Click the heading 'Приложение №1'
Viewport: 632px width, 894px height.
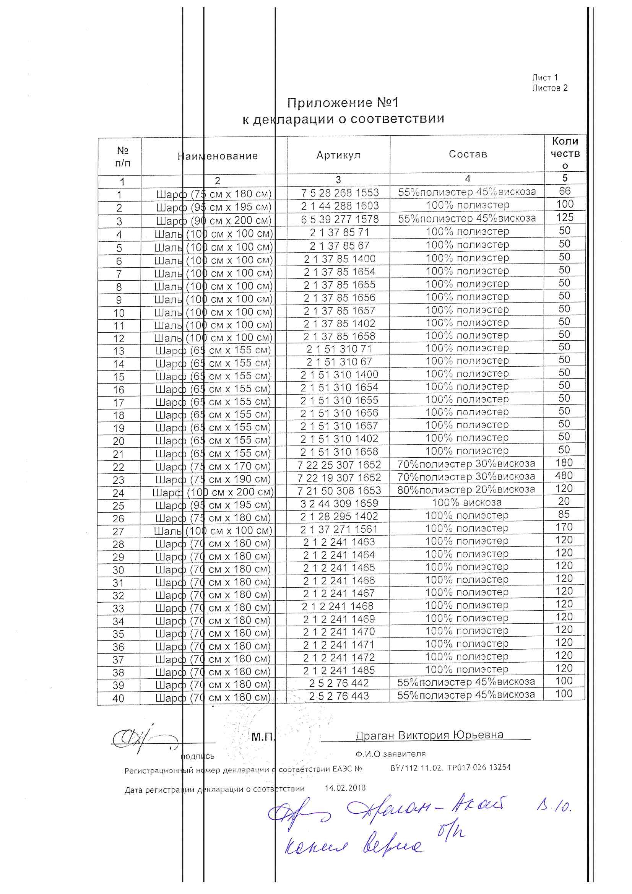coord(343,103)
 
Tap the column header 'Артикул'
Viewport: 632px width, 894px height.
coord(338,155)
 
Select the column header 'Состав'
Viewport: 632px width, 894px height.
coord(468,154)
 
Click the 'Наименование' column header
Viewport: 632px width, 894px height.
coord(218,156)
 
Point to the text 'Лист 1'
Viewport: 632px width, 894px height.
coord(545,78)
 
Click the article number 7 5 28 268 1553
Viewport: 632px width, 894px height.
coord(340,193)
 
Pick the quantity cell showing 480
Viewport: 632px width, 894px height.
coord(564,475)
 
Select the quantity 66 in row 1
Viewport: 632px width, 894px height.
coord(565,191)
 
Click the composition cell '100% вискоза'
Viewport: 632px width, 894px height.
coord(466,502)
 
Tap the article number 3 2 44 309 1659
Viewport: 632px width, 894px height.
coord(339,504)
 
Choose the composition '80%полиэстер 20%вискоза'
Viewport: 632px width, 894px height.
coord(466,489)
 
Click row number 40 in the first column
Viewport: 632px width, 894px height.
coord(119,699)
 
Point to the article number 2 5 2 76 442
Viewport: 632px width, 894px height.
coord(339,683)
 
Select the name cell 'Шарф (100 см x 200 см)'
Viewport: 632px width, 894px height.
coord(213,492)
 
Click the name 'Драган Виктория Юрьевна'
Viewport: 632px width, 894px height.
coord(429,735)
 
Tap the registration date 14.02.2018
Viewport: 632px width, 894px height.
coord(345,788)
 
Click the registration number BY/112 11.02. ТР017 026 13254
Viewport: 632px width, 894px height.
coord(450,767)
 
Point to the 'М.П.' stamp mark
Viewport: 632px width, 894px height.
coord(263,737)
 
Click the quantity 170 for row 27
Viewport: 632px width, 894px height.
coord(564,527)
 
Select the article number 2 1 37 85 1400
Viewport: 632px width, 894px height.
coord(340,259)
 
